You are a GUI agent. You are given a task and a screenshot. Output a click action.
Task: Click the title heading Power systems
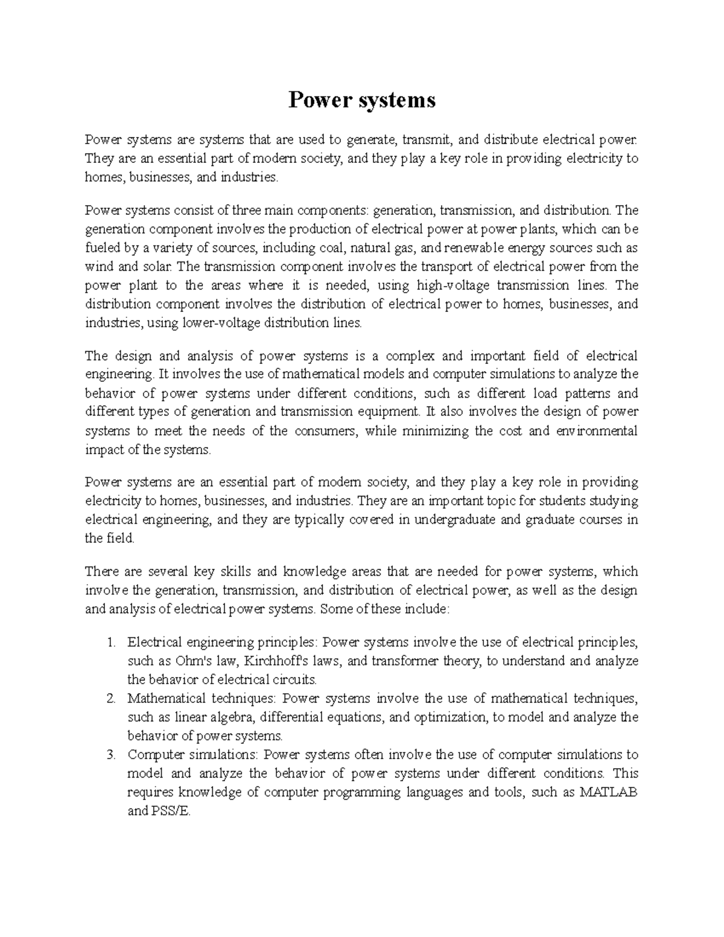pyautogui.click(x=361, y=100)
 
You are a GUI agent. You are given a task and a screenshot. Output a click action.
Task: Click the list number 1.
pyautogui.click(x=110, y=642)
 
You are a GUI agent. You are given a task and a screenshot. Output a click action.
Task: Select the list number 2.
pyautogui.click(x=110, y=699)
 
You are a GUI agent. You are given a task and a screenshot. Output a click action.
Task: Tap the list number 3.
pyautogui.click(x=110, y=755)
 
